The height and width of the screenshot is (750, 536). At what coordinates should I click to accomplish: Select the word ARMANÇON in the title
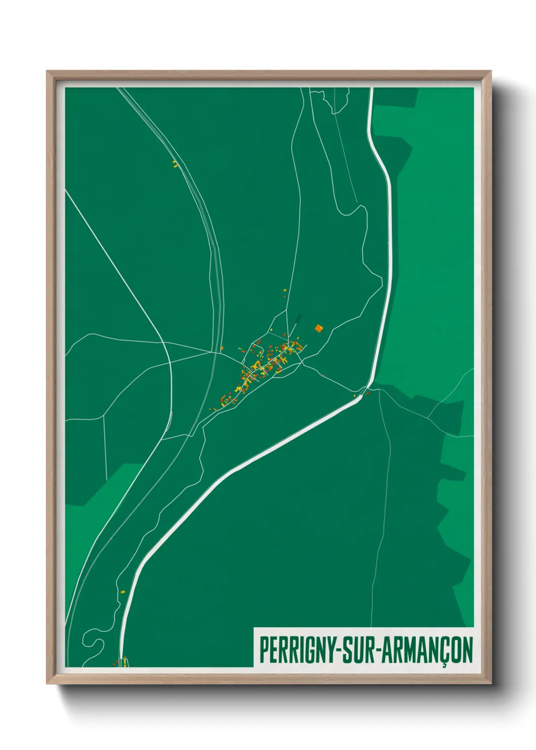tap(426, 649)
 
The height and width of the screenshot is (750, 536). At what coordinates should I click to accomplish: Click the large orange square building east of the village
tap(319, 328)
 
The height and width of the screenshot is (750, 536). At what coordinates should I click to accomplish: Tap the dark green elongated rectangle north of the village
tap(298, 320)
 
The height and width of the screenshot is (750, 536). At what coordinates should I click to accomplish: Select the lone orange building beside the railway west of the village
tap(222, 348)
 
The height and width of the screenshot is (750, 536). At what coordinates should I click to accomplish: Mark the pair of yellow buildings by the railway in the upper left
tap(175, 164)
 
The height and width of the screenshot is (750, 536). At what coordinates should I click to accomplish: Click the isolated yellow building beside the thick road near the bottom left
tap(122, 591)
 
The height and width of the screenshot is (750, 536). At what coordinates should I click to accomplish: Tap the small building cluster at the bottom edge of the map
tap(122, 661)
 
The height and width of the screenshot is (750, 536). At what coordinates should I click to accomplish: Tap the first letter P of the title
tap(264, 649)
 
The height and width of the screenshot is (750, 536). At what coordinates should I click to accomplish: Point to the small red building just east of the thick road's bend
tap(368, 392)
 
